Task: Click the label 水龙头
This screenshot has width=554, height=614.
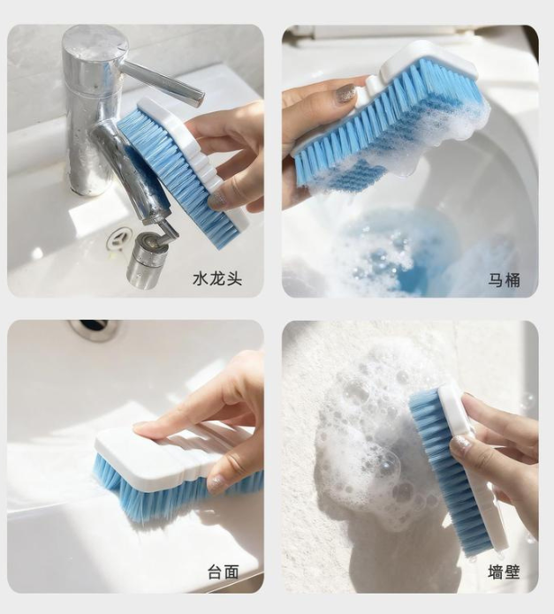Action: click(217, 279)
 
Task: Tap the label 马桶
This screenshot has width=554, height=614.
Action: click(504, 280)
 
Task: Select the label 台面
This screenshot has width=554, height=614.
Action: click(224, 572)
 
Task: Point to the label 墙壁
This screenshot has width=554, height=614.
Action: click(504, 572)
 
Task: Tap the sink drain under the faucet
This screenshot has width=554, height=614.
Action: click(118, 239)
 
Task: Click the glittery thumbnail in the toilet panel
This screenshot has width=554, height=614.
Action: click(345, 95)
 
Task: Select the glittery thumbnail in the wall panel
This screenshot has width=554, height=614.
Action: click(460, 445)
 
